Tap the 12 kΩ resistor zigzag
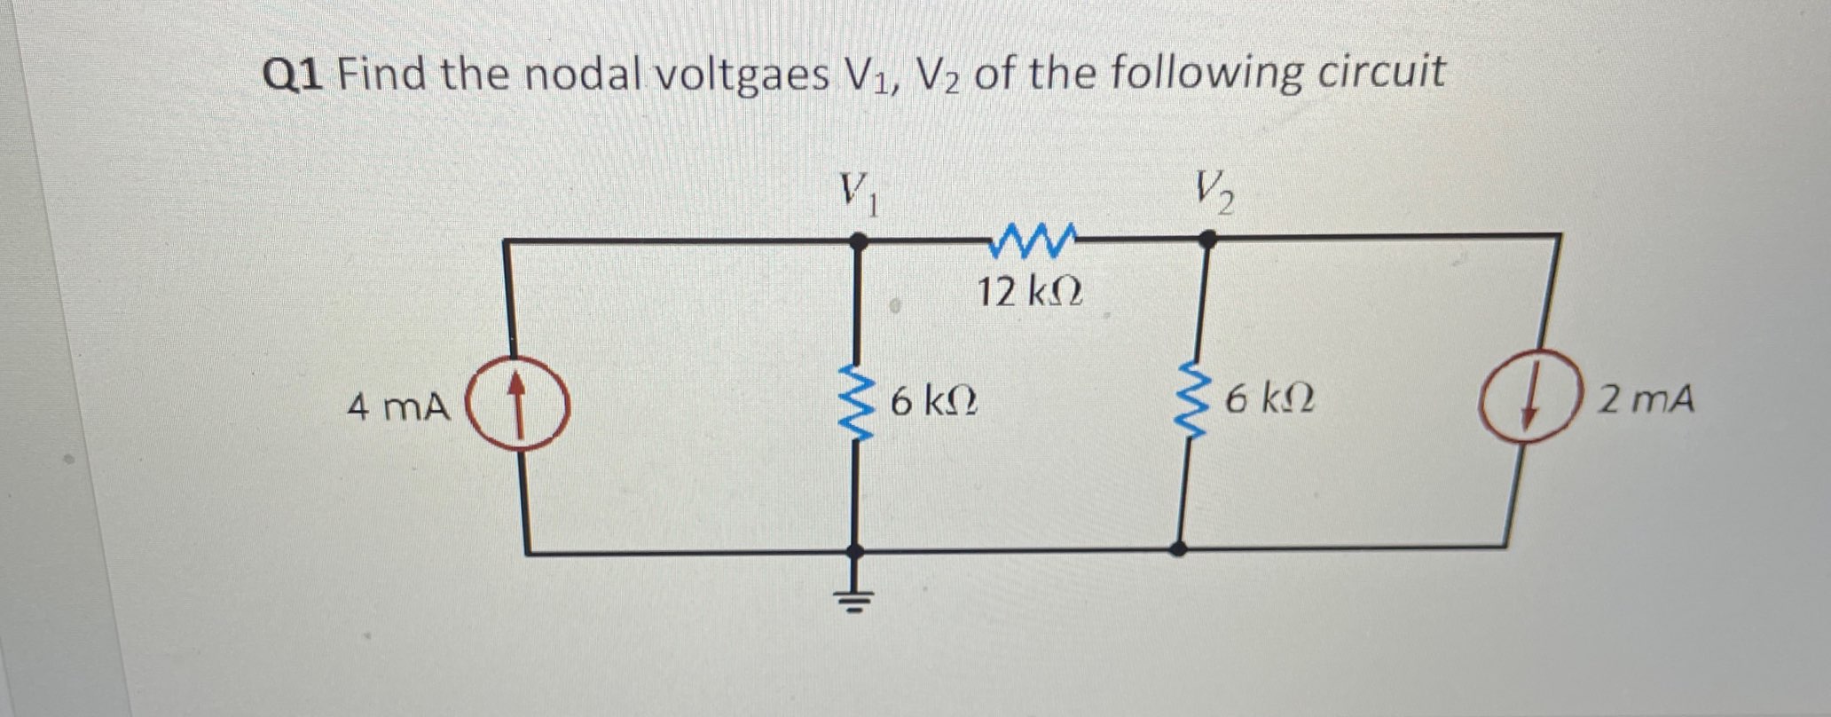(x=1034, y=240)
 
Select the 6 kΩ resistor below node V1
(x=855, y=403)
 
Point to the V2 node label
(x=1213, y=192)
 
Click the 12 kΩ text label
(x=1029, y=291)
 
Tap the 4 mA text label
(x=398, y=408)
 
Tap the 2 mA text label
(x=1646, y=400)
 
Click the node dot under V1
(x=857, y=240)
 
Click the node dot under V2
(x=1207, y=238)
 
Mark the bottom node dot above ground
(x=855, y=551)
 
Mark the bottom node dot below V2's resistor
(x=1178, y=549)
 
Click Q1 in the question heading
(x=295, y=75)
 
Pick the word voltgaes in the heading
(x=743, y=75)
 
